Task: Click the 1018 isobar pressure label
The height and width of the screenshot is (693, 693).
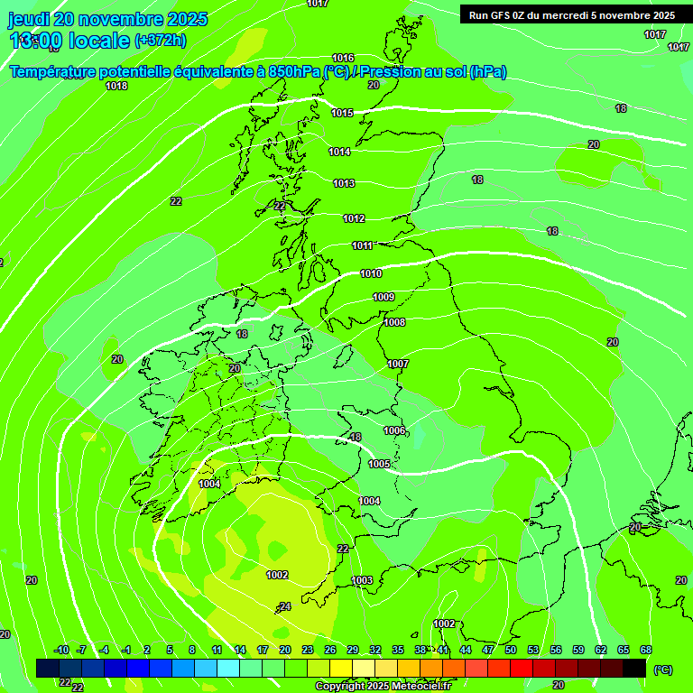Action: point(116,86)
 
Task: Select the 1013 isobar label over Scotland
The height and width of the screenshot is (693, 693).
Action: point(344,183)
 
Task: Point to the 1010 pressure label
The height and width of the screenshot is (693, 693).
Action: point(371,273)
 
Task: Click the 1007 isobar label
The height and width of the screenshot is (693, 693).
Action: point(398,364)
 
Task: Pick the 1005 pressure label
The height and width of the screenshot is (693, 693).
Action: point(379,464)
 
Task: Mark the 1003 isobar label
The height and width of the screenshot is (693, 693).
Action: point(362,580)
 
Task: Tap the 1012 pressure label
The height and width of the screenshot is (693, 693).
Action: point(354,218)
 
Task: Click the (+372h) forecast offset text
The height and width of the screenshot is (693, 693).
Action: point(161,40)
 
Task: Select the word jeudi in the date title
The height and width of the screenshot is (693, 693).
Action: point(30,19)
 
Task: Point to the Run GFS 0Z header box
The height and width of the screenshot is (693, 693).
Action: point(572,15)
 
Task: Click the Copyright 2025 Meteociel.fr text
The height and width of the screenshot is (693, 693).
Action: point(383,686)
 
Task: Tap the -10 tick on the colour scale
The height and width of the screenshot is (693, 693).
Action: point(61,650)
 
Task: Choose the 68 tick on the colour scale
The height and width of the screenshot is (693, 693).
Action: point(646,650)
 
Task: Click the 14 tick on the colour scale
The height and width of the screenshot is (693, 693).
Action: point(240,650)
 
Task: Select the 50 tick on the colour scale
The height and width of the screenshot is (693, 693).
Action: point(511,650)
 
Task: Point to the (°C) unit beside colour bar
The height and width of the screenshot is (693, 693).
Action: point(662,670)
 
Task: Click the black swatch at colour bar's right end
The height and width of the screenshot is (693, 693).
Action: point(634,668)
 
